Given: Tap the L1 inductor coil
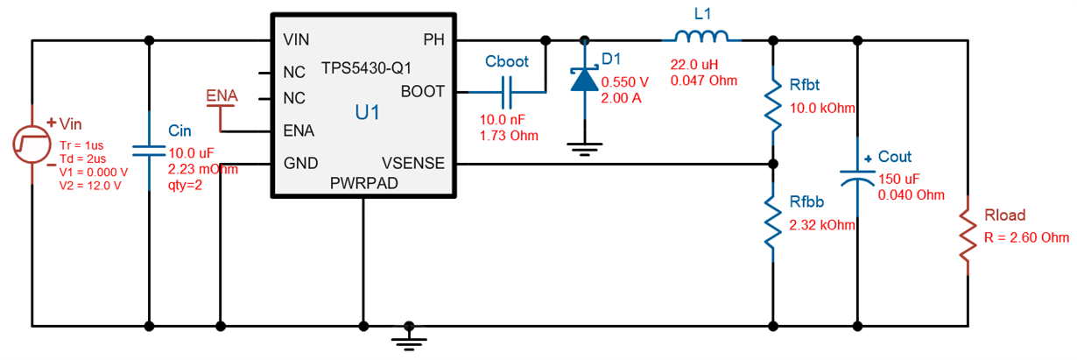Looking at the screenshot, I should click(700, 37).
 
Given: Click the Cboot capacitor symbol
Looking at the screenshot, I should click(507, 90).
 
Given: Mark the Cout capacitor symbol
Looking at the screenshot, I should click(856, 176).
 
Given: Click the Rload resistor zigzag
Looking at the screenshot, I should click(968, 235).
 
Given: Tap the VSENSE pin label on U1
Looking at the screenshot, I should click(413, 163).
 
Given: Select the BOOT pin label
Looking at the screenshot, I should click(423, 91).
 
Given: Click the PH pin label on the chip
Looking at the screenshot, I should click(434, 40).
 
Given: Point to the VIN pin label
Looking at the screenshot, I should click(296, 40).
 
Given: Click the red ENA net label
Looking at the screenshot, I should click(221, 95).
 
